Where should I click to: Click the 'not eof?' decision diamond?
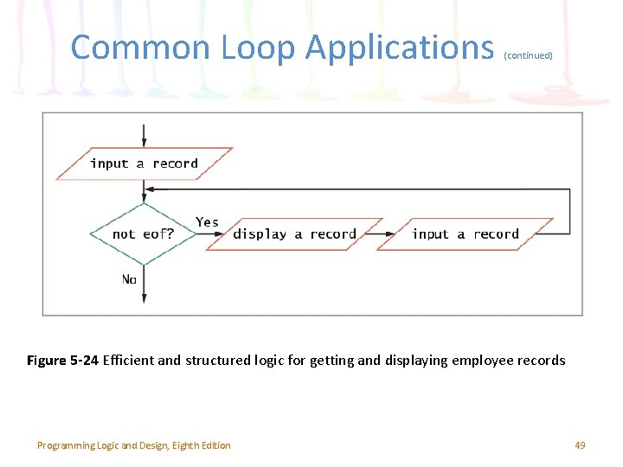[x=143, y=233]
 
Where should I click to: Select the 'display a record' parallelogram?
[x=294, y=233]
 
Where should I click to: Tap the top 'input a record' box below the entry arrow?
[x=144, y=163]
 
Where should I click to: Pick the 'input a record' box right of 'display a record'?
[x=466, y=233]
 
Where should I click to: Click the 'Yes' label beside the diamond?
[x=208, y=222]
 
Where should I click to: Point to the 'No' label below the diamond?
[x=129, y=279]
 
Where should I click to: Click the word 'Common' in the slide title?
[x=140, y=47]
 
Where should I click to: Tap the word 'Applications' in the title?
[x=400, y=47]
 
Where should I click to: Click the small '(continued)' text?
[x=528, y=55]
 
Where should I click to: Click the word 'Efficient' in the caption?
[x=130, y=361]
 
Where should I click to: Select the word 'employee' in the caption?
[x=482, y=361]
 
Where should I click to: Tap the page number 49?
[x=580, y=445]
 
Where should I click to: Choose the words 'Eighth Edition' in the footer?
[x=201, y=445]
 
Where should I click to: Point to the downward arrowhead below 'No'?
[x=144, y=297]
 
